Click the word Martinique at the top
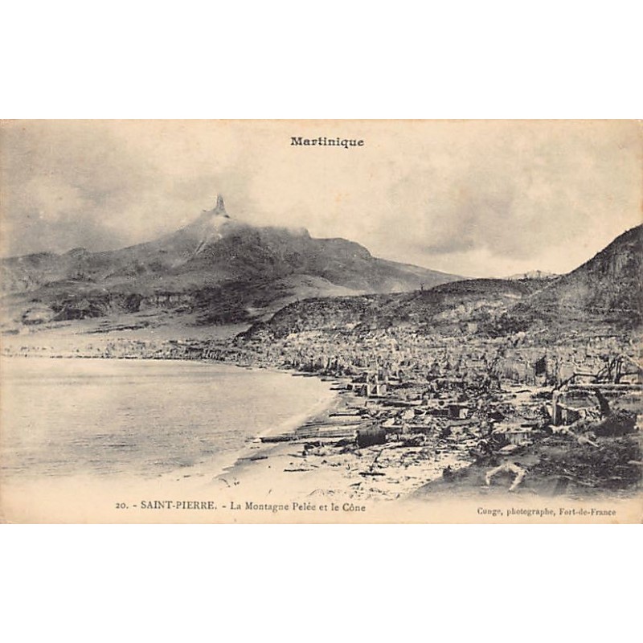(326, 141)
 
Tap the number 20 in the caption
(121, 506)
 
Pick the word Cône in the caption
(354, 506)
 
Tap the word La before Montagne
(237, 506)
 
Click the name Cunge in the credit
(489, 510)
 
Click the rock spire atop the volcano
(219, 204)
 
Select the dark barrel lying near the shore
(371, 435)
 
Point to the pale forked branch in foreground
(506, 473)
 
